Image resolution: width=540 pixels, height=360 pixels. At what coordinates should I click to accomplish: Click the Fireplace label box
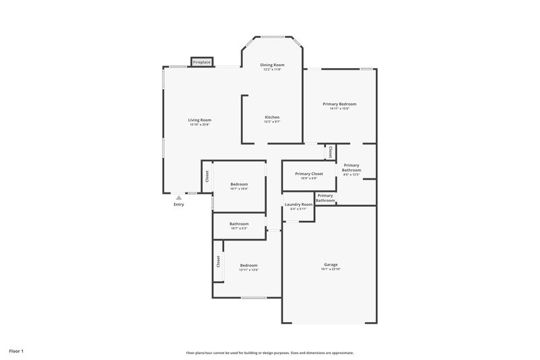tap(202, 62)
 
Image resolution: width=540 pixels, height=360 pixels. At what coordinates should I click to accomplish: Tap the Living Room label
tap(200, 120)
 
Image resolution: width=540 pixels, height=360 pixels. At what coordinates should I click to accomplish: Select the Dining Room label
tap(272, 65)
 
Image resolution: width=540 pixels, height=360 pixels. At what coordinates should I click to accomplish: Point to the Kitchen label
tap(271, 118)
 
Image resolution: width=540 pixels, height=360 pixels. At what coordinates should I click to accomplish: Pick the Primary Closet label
tap(309, 174)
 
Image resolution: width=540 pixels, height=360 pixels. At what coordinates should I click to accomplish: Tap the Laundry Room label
tap(298, 204)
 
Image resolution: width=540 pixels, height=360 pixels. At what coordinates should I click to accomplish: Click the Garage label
tap(330, 265)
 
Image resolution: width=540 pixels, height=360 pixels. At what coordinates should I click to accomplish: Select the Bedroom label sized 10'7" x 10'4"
tap(239, 184)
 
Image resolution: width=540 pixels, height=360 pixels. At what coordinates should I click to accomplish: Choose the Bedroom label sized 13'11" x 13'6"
tap(249, 265)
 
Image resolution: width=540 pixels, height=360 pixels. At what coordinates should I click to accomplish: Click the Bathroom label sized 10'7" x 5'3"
tap(239, 224)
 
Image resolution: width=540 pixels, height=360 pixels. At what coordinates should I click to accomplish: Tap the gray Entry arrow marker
tap(178, 198)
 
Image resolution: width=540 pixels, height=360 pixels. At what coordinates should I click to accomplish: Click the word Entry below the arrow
tap(178, 205)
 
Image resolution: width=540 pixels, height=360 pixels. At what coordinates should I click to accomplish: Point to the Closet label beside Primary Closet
tap(330, 153)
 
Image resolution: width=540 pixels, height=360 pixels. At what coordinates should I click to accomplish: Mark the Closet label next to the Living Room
tap(207, 176)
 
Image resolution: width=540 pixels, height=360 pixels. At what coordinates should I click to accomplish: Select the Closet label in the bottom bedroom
tap(218, 261)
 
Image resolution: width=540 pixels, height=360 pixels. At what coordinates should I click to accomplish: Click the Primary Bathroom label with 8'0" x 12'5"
tap(351, 168)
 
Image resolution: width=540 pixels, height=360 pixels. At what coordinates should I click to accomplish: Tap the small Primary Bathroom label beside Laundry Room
tap(325, 198)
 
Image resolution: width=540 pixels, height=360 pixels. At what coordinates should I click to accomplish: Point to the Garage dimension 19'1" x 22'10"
tap(330, 269)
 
